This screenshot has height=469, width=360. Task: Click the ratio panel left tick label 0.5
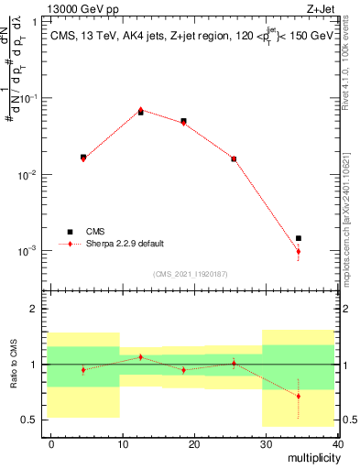coord(29,420)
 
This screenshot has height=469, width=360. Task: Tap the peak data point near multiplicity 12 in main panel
coord(140,110)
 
